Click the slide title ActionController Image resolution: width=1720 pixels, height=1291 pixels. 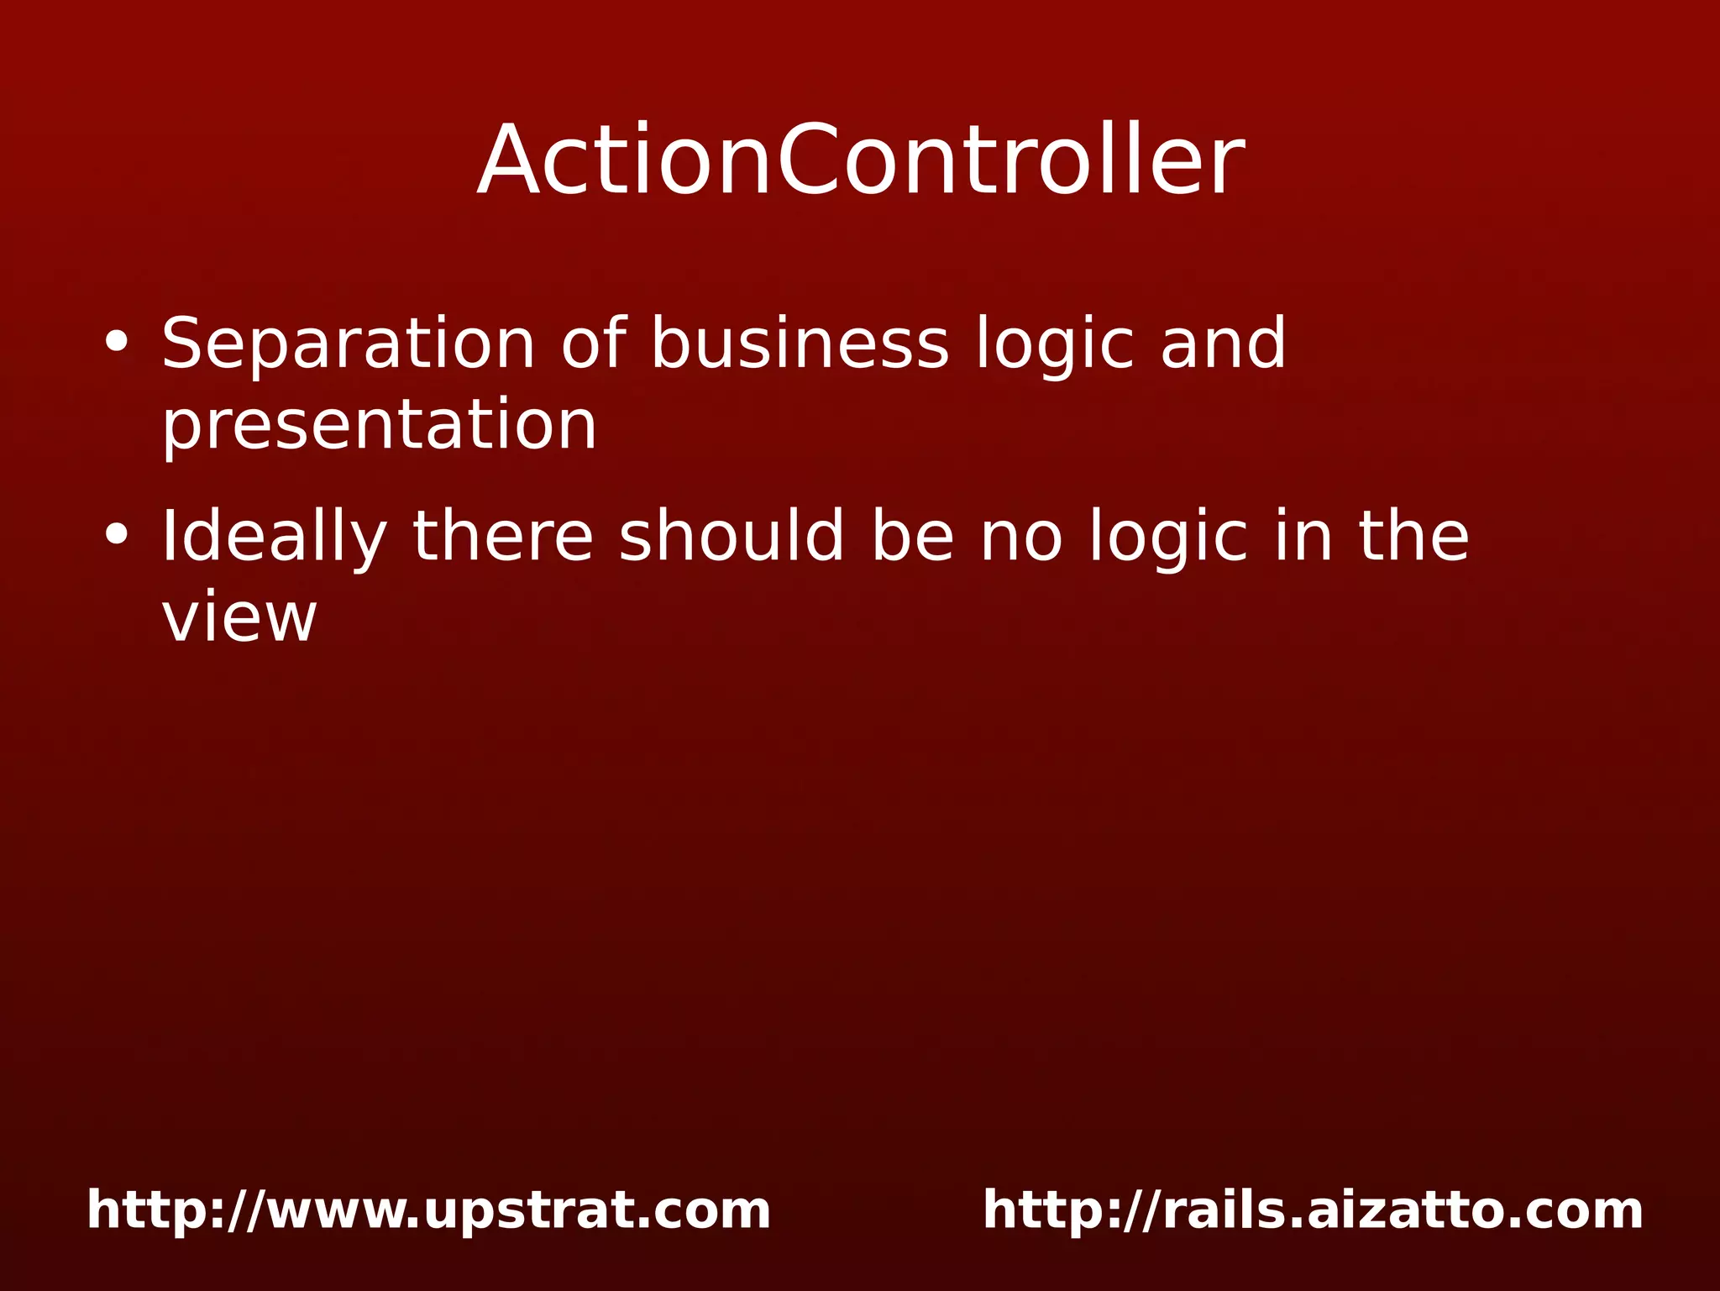pyautogui.click(x=860, y=160)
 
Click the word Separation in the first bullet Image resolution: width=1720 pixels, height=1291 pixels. pyautogui.click(x=348, y=344)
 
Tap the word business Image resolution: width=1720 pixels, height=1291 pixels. pyautogui.click(x=800, y=344)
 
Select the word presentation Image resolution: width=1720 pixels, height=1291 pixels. pyautogui.click(x=379, y=425)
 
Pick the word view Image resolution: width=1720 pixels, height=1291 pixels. pyautogui.click(x=239, y=617)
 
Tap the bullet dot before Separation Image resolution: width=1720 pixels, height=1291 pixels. pyautogui.click(x=117, y=342)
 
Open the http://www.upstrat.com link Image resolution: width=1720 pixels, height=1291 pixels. pyautogui.click(x=428, y=1210)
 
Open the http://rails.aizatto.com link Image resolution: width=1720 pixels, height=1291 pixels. pyautogui.click(x=1313, y=1210)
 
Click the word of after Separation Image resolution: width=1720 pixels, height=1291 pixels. pyautogui.click(x=593, y=344)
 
